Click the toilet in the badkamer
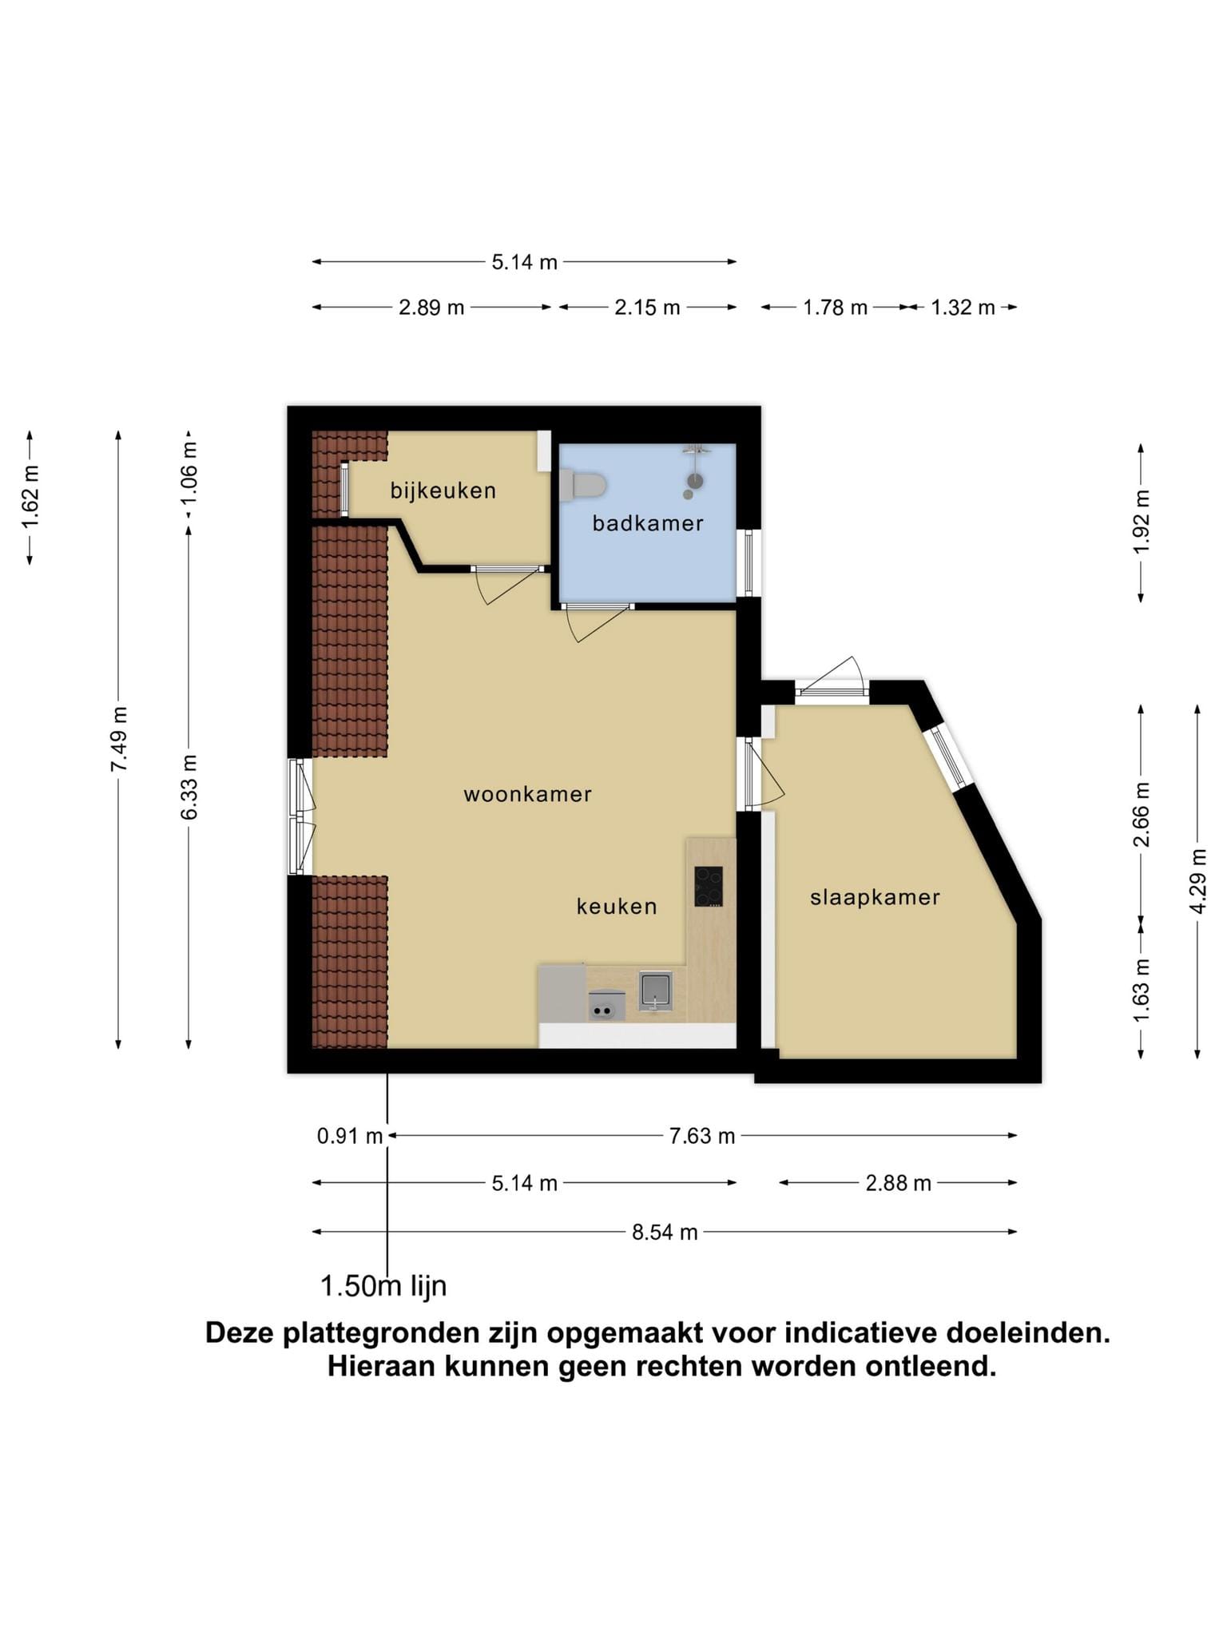(x=582, y=485)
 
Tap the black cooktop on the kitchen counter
(x=709, y=886)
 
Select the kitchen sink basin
(x=655, y=991)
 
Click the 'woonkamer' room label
(x=528, y=794)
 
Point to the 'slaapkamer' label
(x=875, y=898)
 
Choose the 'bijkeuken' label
(x=443, y=490)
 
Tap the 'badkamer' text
(x=648, y=523)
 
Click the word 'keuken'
(x=617, y=906)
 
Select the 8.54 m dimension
(x=665, y=1232)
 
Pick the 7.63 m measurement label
(x=702, y=1136)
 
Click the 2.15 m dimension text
(x=647, y=308)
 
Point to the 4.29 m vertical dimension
(x=1197, y=882)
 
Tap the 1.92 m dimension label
(x=1142, y=521)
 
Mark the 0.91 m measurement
(x=350, y=1136)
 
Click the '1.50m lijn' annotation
(x=383, y=1286)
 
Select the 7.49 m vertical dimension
(x=119, y=739)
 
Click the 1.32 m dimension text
(x=963, y=308)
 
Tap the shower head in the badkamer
(x=697, y=480)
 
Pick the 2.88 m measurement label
(x=899, y=1183)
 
